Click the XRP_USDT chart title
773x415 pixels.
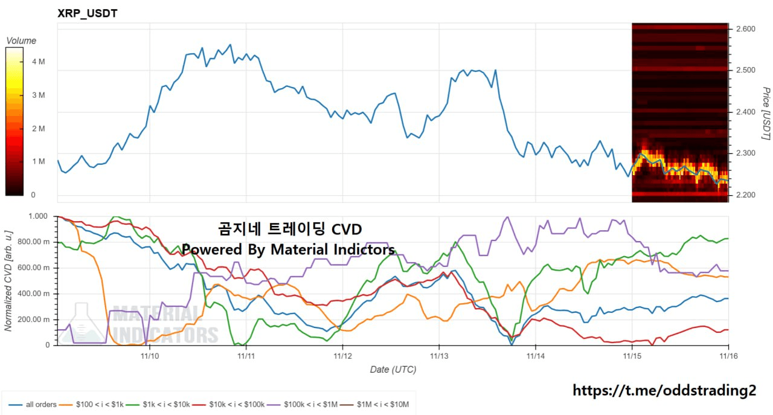coord(87,13)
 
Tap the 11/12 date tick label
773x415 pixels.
coord(342,356)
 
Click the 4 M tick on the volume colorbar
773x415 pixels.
coord(38,62)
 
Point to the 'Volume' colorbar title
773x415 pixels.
coord(21,40)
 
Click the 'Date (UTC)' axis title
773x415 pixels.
coord(393,369)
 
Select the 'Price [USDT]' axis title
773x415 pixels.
coord(766,114)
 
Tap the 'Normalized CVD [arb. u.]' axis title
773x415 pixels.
coord(8,280)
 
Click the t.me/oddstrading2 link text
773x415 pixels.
coord(664,391)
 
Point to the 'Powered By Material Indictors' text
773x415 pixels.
coord(289,249)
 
